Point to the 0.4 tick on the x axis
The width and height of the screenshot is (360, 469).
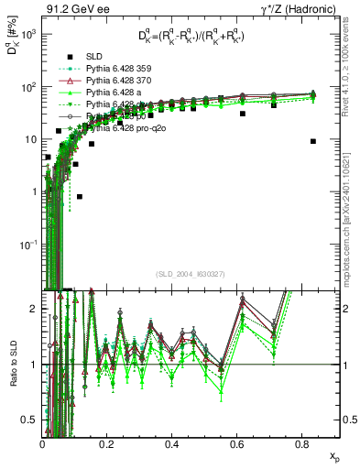click(x=172, y=443)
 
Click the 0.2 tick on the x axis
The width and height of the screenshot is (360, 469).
click(x=107, y=443)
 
